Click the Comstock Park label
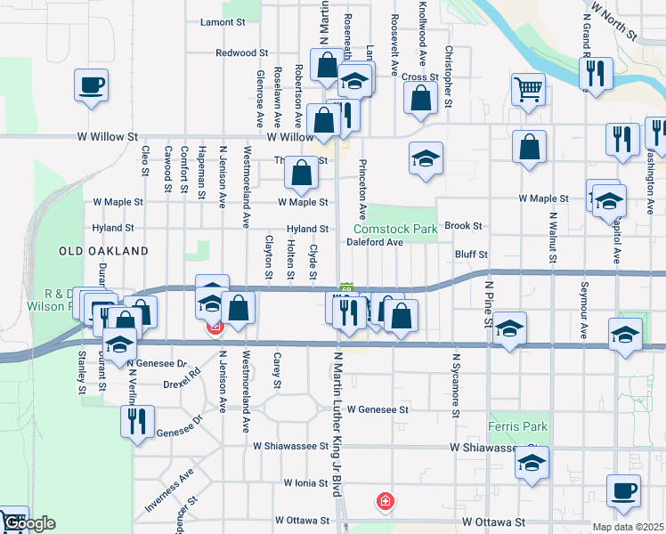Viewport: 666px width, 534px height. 402,229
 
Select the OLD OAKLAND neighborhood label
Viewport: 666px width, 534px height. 103,252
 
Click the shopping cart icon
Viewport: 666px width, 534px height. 528,89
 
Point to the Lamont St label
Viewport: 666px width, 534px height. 223,21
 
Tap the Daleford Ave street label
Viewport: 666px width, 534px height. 375,242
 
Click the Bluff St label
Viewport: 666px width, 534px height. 471,255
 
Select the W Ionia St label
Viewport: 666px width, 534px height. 307,482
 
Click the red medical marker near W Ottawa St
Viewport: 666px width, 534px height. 385,502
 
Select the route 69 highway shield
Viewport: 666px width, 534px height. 347,288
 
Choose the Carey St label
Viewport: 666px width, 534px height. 278,370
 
